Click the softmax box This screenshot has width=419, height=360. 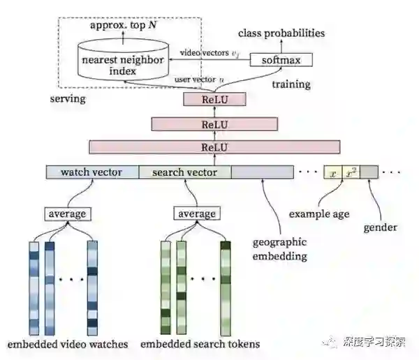pyautogui.click(x=281, y=59)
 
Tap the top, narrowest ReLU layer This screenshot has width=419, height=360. pyautogui.click(x=214, y=100)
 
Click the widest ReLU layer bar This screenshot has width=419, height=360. pyautogui.click(x=214, y=147)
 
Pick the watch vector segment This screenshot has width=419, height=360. pyautogui.click(x=91, y=172)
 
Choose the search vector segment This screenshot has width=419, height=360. pyautogui.click(x=184, y=172)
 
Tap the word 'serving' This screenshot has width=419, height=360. pyautogui.click(x=68, y=98)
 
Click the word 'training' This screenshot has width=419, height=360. pyautogui.click(x=291, y=84)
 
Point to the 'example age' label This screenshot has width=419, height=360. pyautogui.click(x=318, y=213)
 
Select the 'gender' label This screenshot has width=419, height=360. pyautogui.click(x=380, y=227)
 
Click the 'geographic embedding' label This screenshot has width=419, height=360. pyautogui.click(x=279, y=250)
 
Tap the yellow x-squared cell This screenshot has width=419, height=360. pyautogui.click(x=351, y=172)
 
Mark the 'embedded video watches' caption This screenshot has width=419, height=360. pyautogui.click(x=68, y=344)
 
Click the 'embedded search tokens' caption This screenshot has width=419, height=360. pyautogui.click(x=200, y=344)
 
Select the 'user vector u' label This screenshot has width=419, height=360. pyautogui.click(x=199, y=81)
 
